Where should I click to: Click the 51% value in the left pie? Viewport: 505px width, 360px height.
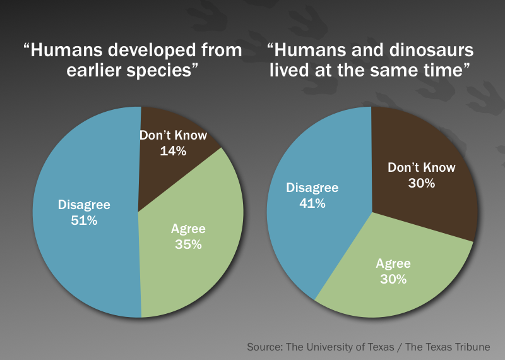(84, 220)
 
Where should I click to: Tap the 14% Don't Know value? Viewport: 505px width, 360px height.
(173, 151)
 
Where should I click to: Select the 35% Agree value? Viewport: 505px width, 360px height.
(188, 244)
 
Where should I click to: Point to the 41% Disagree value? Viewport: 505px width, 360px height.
(312, 203)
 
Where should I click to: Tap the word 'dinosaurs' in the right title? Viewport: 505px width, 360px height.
(432, 51)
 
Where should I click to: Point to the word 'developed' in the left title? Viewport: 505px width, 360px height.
(151, 51)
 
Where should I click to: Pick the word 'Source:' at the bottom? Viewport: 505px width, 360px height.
(265, 347)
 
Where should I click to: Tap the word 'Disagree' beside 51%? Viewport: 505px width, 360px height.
(84, 205)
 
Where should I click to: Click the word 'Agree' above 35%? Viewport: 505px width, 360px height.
(188, 229)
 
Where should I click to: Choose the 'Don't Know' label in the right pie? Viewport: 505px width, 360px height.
(422, 167)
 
